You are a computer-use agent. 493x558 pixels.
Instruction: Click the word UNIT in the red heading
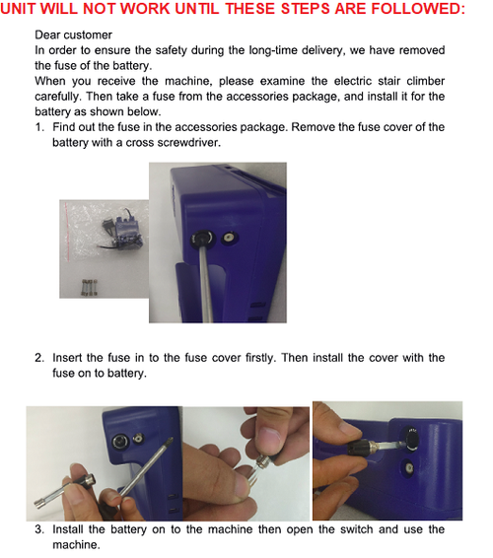pos(15,9)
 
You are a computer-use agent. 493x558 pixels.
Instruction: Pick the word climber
pos(426,81)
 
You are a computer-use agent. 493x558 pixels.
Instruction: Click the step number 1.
pos(39,127)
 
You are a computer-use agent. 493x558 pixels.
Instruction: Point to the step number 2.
pos(39,358)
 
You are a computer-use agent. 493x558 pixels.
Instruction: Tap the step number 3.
pos(39,529)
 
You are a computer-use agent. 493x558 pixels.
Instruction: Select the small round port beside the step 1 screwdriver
pos(229,238)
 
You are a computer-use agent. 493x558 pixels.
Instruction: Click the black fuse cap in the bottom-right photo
pos(361,447)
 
